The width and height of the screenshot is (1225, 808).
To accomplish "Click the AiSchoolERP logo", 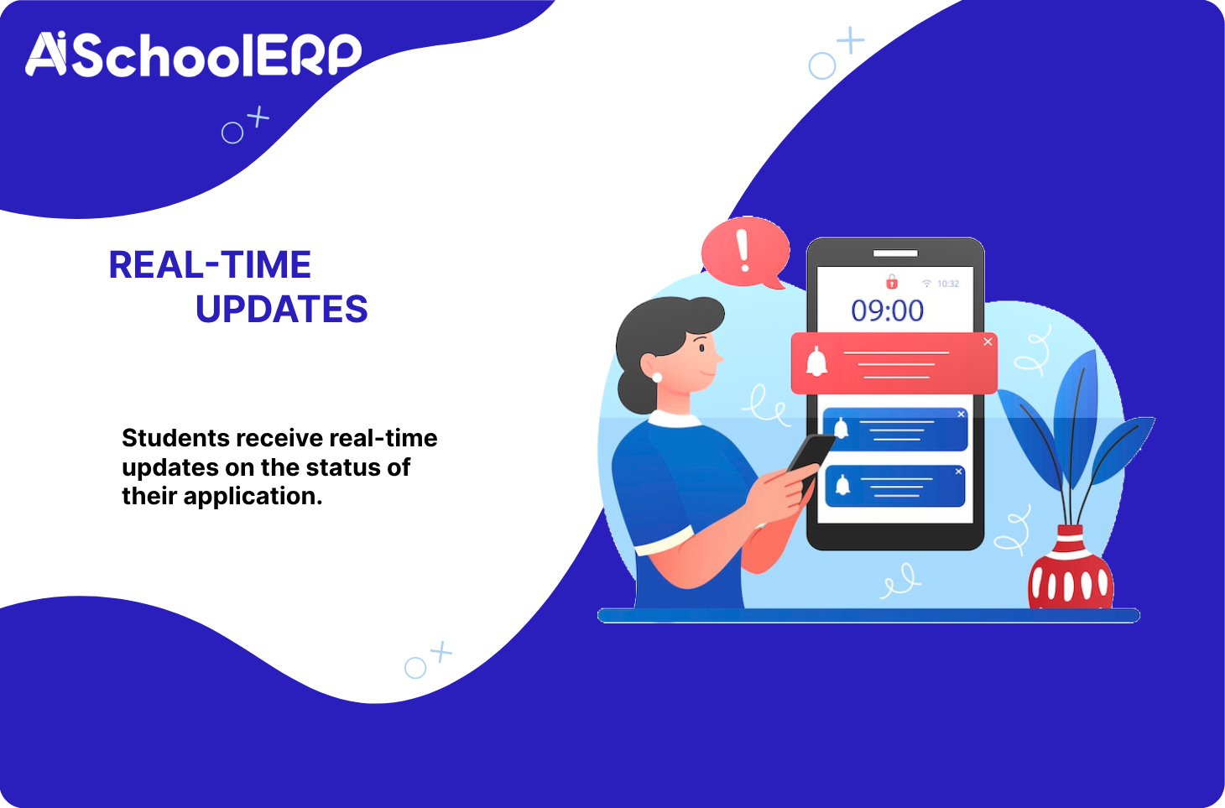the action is coord(194,55).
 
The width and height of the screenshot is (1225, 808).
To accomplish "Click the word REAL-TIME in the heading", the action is coord(210,265).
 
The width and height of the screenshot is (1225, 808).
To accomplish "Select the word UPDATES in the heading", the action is coord(282,309).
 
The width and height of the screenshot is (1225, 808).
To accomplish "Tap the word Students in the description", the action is coord(175,438).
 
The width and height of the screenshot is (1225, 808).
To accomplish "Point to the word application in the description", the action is coord(253,497).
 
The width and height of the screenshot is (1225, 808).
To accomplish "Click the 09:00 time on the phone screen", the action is coord(887,310).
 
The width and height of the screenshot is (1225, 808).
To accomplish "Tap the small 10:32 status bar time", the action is coord(948,284).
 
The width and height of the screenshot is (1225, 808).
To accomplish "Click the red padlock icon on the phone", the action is coord(891,282).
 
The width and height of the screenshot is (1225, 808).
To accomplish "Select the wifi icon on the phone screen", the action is coord(926,283).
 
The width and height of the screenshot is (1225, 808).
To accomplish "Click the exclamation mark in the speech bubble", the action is coord(743,251).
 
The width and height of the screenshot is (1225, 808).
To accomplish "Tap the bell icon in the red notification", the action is coord(816,362).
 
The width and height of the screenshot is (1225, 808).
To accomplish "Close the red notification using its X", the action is coord(988,341).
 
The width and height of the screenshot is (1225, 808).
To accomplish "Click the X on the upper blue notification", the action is coord(961,414).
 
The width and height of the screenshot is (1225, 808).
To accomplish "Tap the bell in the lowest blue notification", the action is coord(842,485).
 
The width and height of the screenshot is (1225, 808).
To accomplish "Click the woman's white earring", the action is coord(657,378).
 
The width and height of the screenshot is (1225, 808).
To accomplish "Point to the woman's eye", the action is coord(702,347).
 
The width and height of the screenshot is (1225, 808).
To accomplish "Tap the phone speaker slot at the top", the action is coord(895,253).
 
